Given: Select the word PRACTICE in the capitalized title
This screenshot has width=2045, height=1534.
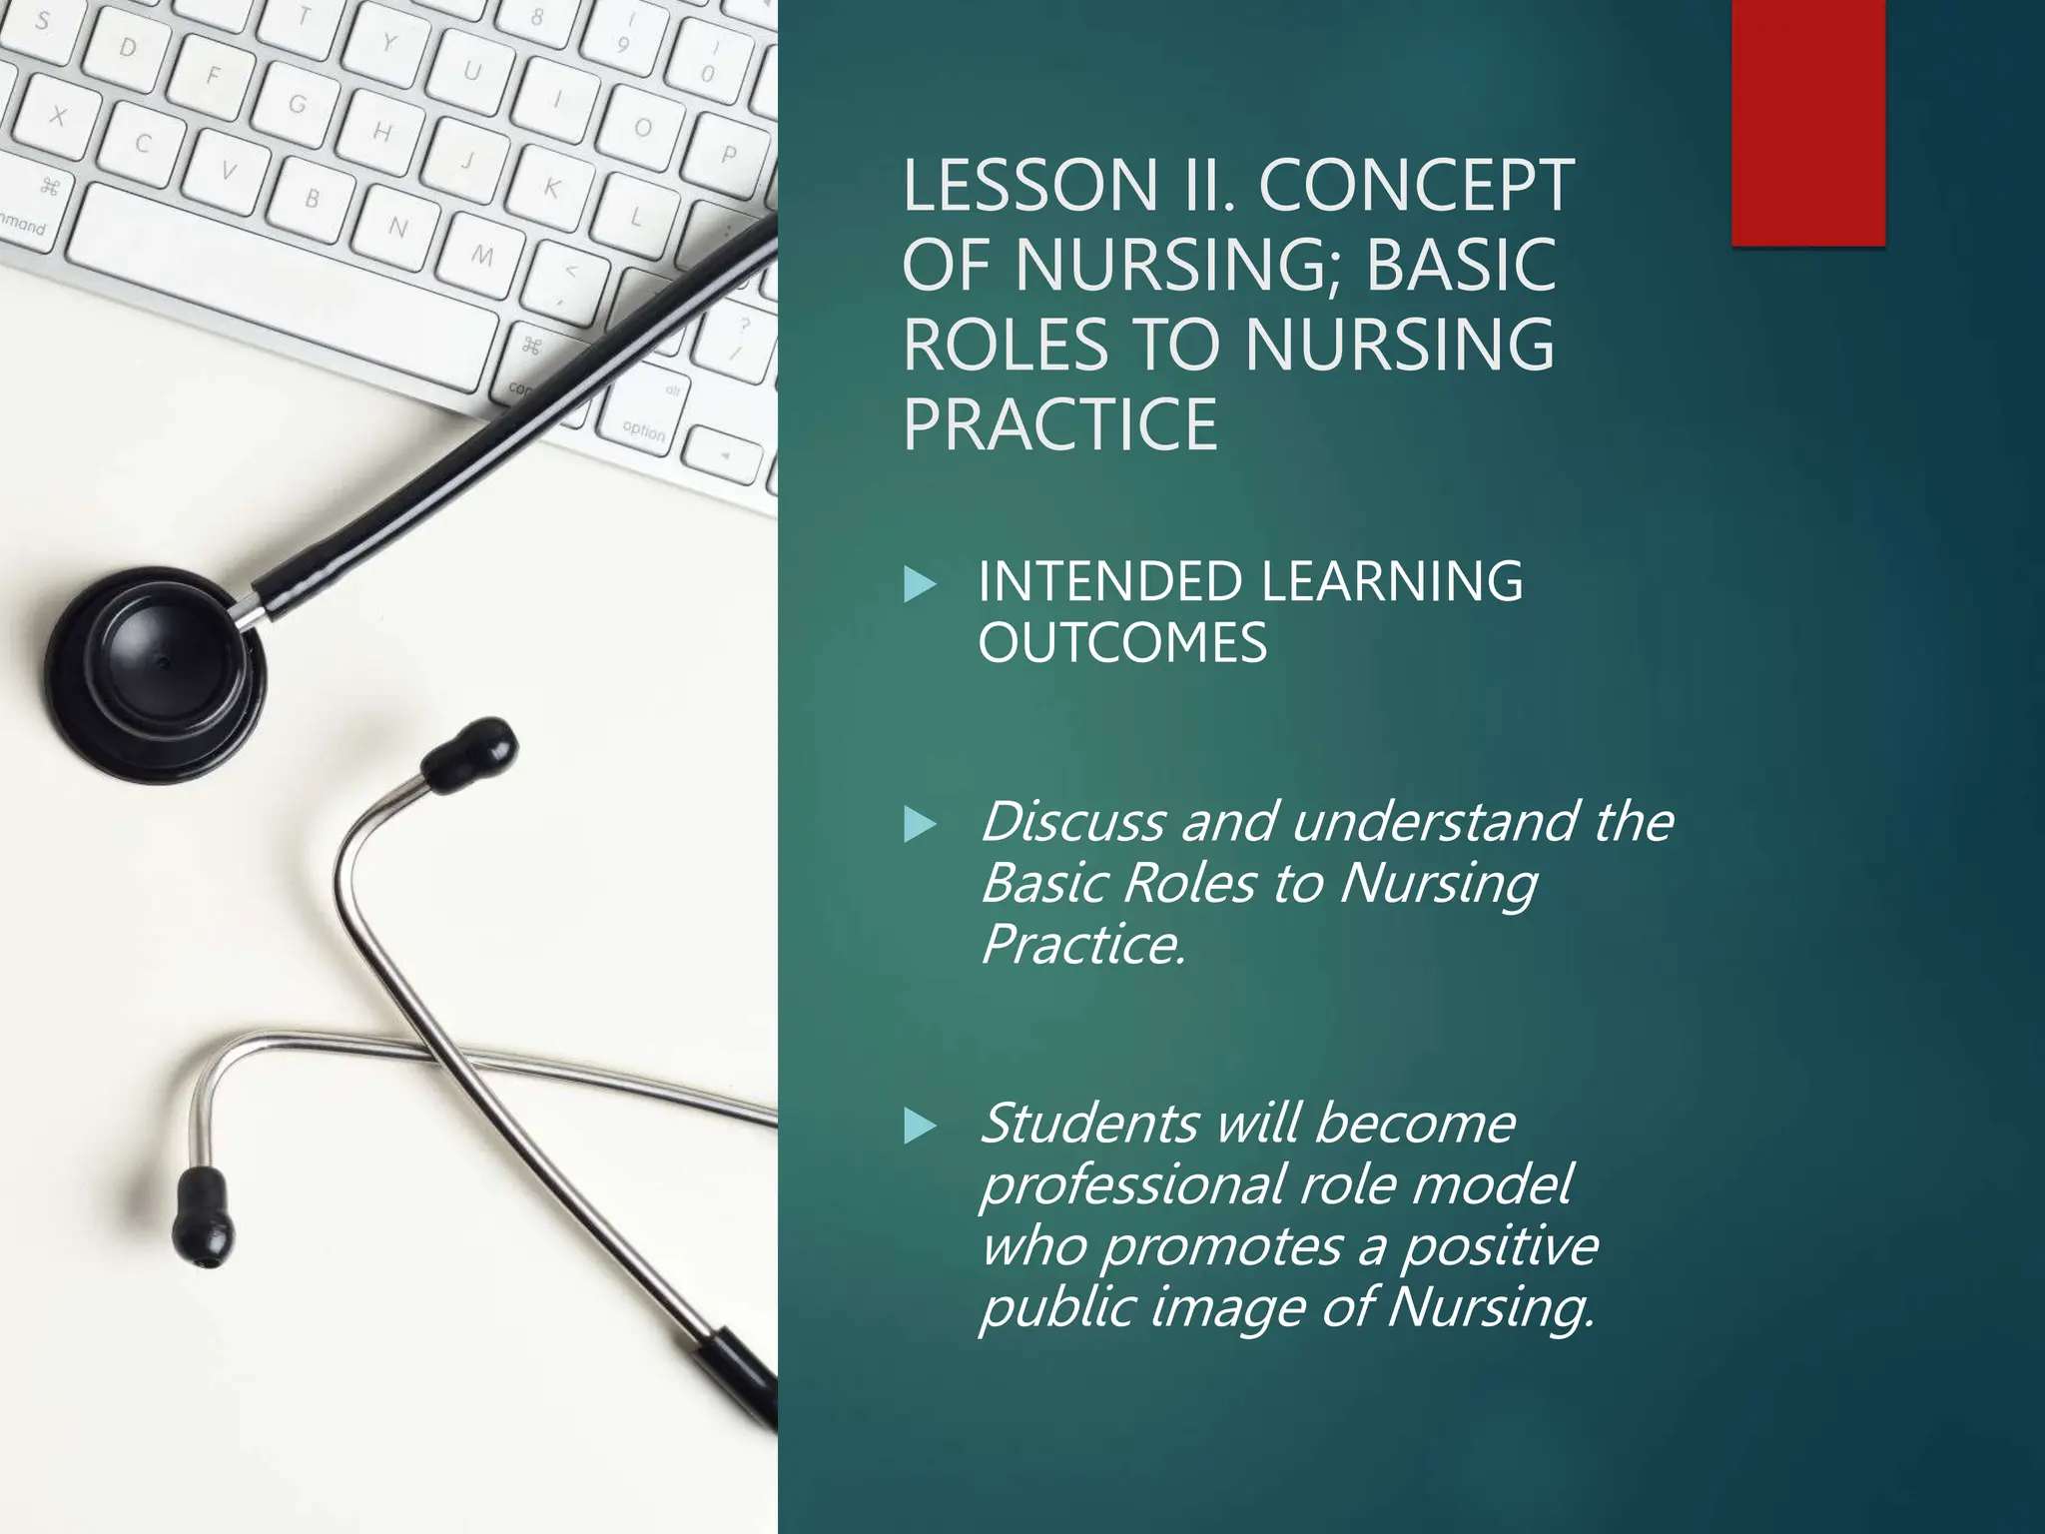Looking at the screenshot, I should [x=1059, y=424].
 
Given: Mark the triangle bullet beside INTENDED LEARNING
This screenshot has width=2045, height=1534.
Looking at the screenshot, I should [x=919, y=584].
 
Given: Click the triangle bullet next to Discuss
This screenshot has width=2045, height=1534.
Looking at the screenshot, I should [x=919, y=825].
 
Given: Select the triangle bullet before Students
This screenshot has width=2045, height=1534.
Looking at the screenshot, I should [x=919, y=1127].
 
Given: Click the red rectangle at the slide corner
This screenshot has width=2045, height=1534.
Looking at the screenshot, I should [x=1807, y=122].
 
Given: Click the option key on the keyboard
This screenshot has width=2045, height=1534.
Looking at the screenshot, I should [x=642, y=430].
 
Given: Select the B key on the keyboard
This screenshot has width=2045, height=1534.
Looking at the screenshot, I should [x=312, y=199].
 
